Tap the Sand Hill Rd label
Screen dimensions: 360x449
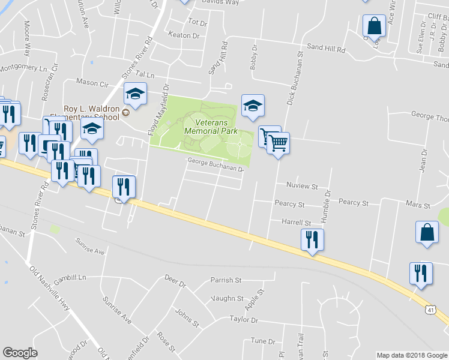[327, 46]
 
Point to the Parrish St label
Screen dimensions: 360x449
[225, 280]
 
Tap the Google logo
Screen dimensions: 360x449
[20, 353]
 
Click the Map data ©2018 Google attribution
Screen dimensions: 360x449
[411, 355]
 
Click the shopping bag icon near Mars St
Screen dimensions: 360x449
[426, 232]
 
